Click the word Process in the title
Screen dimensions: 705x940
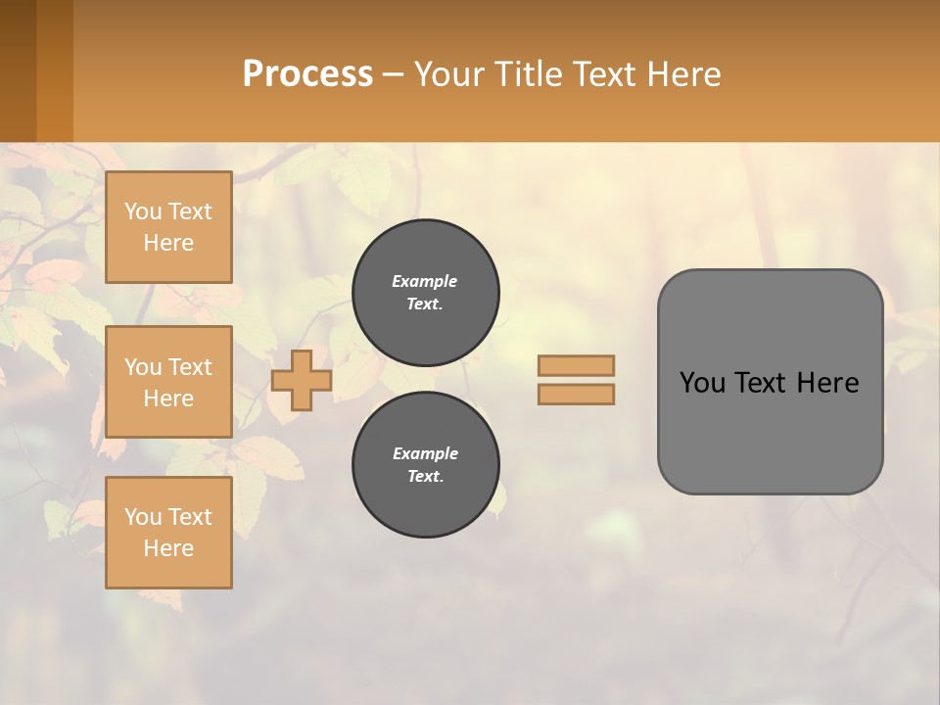(x=307, y=74)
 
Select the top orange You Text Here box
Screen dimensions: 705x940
(x=168, y=227)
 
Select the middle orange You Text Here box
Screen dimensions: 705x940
(x=168, y=382)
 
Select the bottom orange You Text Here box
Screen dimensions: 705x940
(x=168, y=532)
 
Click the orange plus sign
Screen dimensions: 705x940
(x=302, y=380)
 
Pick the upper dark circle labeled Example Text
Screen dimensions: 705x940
(x=425, y=293)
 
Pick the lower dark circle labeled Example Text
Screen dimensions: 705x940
(x=425, y=464)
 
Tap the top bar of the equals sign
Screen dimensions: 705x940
(x=576, y=365)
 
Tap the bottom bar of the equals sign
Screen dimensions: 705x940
(x=576, y=395)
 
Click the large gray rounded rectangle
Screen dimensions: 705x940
(x=770, y=431)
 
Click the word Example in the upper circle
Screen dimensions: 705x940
(x=425, y=281)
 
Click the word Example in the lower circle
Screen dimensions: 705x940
(x=425, y=453)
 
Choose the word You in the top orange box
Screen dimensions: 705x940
(x=143, y=211)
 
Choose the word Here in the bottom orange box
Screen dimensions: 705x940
(x=168, y=548)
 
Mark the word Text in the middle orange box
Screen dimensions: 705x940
(x=190, y=367)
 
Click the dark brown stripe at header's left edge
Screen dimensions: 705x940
(x=18, y=70)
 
